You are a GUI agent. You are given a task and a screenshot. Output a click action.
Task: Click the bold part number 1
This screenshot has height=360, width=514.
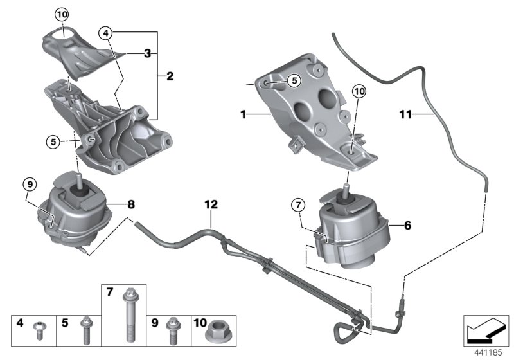pos(244,114)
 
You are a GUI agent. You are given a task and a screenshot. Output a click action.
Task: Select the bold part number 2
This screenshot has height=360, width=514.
pos(170,76)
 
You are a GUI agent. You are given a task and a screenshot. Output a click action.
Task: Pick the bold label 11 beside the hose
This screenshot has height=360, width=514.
pos(405,115)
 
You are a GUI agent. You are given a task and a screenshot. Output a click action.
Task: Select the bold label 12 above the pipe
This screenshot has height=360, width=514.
pos(211,205)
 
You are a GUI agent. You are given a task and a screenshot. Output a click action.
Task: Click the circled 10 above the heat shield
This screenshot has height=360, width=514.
pos(61,14)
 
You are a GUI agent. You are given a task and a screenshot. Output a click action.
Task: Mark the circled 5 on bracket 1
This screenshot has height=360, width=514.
pos(292,80)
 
